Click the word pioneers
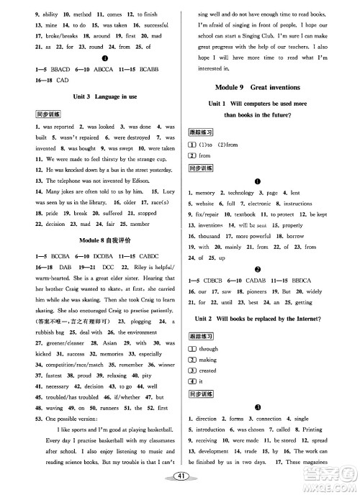coord(271,293)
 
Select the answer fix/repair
coord(209,214)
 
